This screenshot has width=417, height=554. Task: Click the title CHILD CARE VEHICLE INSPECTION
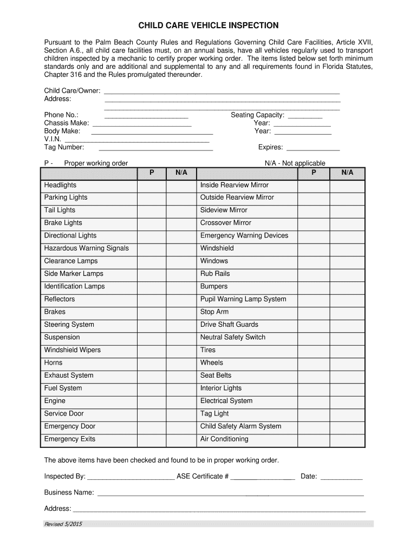(208, 25)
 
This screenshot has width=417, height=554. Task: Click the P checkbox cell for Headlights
(152, 185)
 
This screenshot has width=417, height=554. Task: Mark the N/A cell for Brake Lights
(181, 223)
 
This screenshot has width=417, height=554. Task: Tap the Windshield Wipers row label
(72, 350)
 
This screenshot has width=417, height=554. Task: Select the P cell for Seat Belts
(314, 375)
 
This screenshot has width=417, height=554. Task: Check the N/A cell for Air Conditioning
(347, 439)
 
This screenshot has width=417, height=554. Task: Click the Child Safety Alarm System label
(240, 426)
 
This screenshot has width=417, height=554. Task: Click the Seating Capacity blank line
(305, 115)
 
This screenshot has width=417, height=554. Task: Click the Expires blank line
(312, 148)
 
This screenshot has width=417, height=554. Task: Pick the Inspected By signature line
(131, 477)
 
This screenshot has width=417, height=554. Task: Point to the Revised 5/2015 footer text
(63, 524)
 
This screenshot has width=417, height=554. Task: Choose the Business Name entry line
(230, 493)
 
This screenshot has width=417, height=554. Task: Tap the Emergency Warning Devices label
(244, 236)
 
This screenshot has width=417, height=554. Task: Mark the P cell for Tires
(314, 350)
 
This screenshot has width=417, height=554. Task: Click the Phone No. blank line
(146, 115)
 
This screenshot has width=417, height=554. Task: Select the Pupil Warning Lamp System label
(243, 299)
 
